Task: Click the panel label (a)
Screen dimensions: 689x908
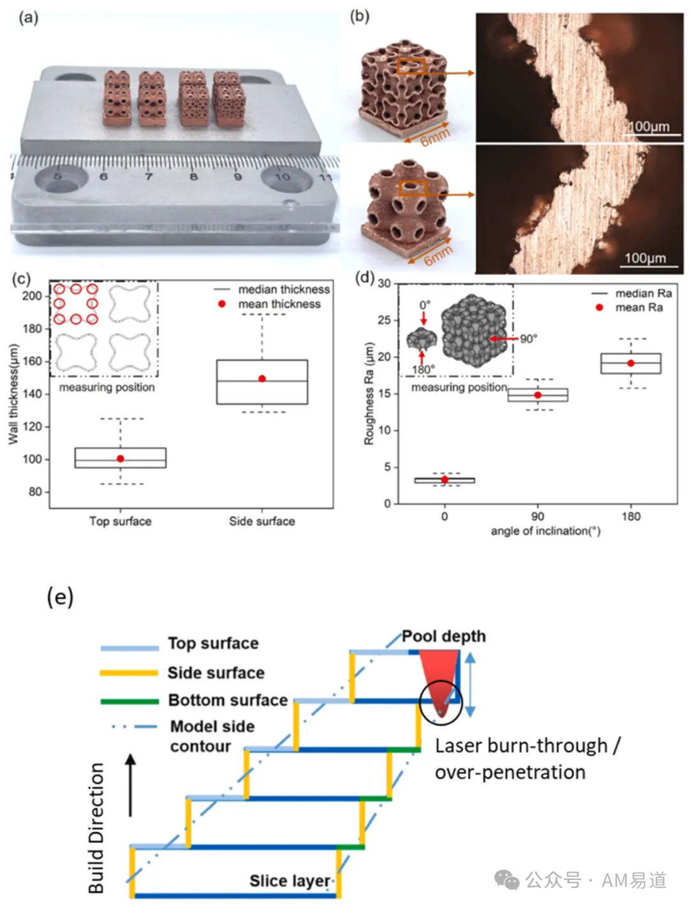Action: click(x=29, y=18)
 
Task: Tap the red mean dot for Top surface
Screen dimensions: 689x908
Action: click(x=121, y=458)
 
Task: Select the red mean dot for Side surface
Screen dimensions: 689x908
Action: click(x=262, y=378)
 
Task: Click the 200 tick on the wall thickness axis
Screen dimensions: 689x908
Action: click(x=32, y=296)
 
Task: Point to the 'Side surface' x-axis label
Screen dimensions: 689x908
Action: click(x=262, y=521)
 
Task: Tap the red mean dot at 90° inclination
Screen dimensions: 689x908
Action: click(x=537, y=395)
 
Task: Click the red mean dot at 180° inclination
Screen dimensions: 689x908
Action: click(x=630, y=363)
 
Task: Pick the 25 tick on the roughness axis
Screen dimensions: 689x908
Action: click(x=384, y=320)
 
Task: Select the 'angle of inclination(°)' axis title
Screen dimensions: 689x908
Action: click(x=545, y=531)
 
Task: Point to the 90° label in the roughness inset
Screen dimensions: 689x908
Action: click(x=528, y=339)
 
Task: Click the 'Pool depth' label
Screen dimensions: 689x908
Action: click(x=443, y=636)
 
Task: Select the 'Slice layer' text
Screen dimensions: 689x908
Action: click(x=290, y=881)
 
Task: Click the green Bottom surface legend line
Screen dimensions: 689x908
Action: click(x=130, y=702)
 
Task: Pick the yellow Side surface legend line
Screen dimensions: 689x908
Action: click(x=129, y=673)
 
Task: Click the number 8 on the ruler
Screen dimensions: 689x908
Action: click(x=193, y=177)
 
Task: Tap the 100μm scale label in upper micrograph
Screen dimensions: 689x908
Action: click(x=648, y=126)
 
